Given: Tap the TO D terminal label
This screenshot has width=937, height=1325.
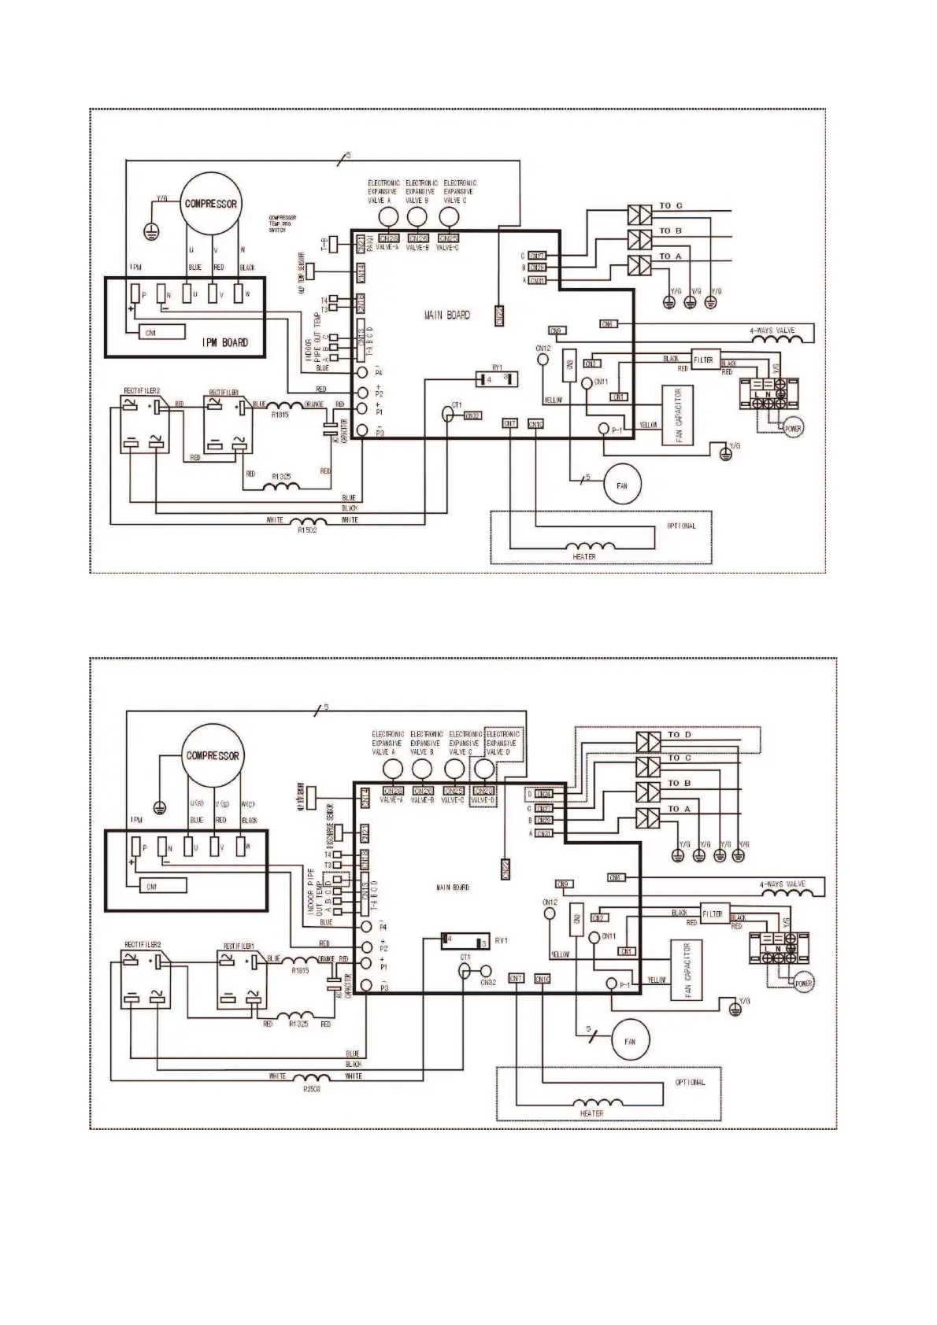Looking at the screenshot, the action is (x=679, y=735).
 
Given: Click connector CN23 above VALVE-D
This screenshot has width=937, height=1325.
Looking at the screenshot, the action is (x=485, y=790).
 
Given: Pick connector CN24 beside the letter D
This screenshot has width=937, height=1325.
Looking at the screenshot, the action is (x=543, y=794).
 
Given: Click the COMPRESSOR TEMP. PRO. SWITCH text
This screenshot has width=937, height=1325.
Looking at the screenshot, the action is (x=282, y=223).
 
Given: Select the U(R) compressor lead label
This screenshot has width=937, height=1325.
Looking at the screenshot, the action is (x=197, y=804).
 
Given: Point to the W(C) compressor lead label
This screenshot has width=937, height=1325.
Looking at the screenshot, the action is (x=248, y=804).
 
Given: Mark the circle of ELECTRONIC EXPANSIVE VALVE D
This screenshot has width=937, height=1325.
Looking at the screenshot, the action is (x=487, y=769).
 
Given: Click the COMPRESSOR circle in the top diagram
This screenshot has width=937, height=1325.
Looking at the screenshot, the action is (x=211, y=204).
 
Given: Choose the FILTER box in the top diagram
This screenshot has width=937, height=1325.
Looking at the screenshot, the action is (x=703, y=360).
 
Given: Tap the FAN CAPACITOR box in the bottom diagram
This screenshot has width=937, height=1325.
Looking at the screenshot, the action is (x=687, y=970).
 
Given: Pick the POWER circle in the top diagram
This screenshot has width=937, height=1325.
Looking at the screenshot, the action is (x=793, y=429).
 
